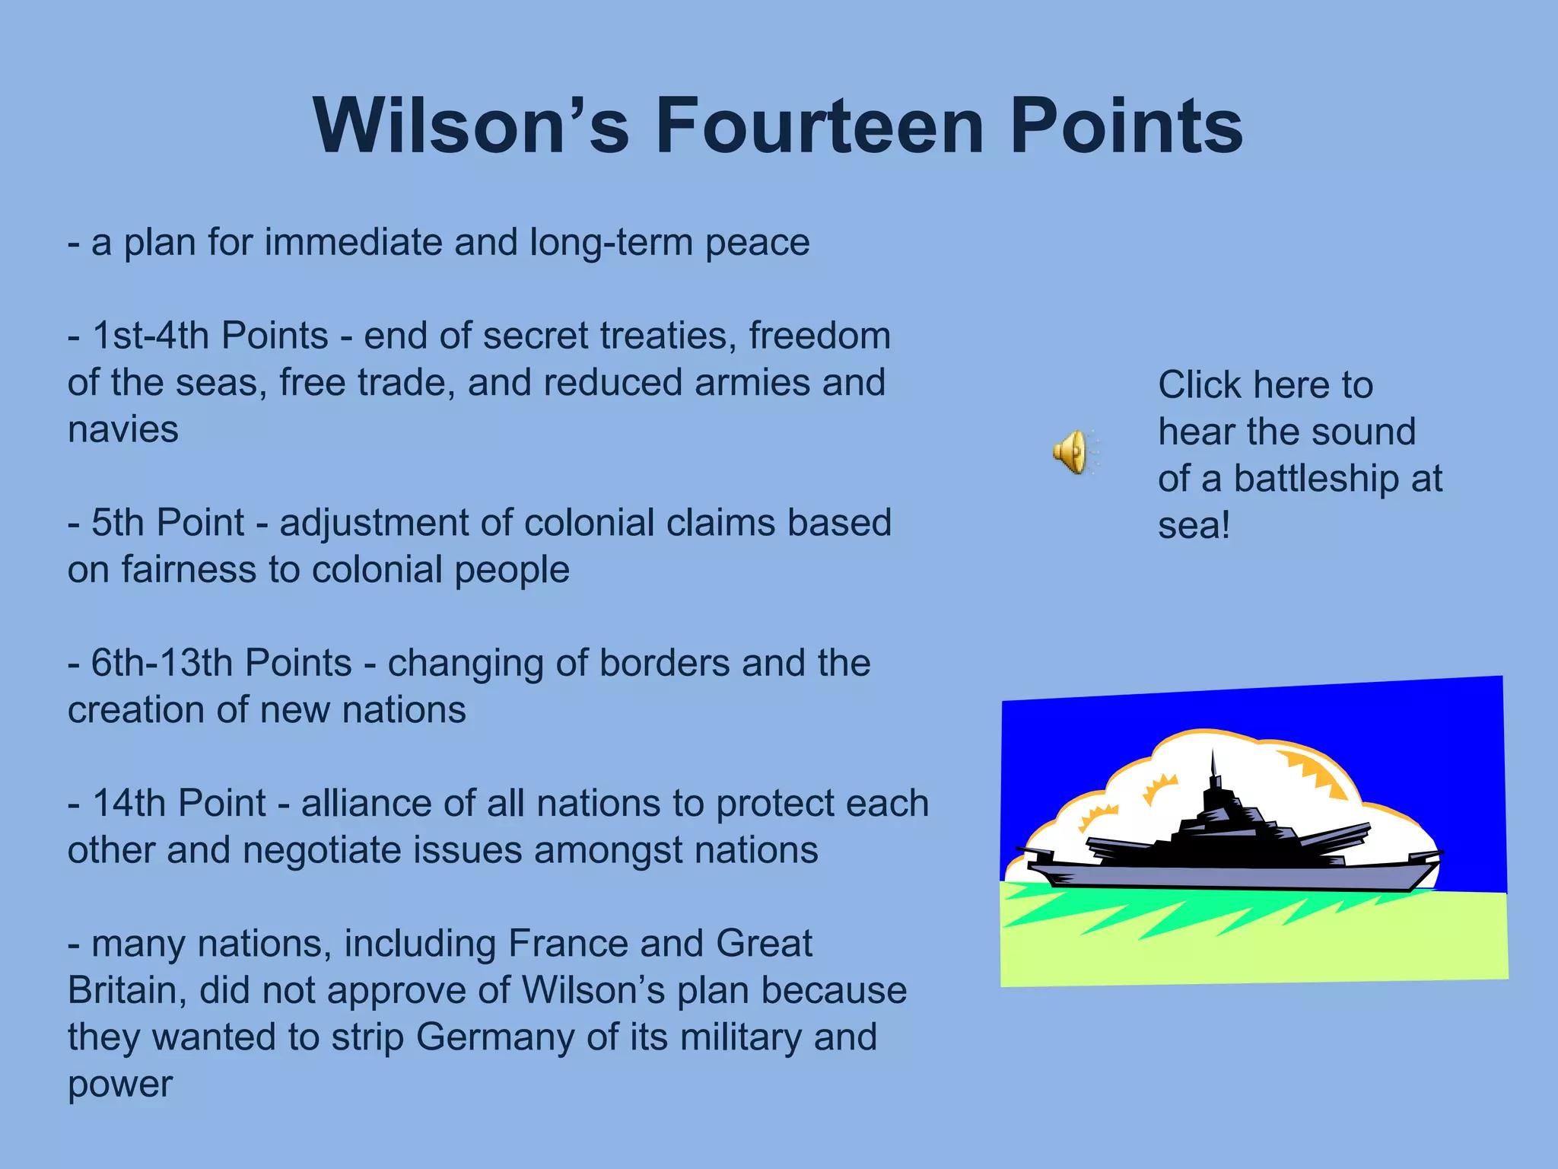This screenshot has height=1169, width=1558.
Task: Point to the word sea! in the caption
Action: [x=1194, y=525]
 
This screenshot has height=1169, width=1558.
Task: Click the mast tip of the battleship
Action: [x=1213, y=754]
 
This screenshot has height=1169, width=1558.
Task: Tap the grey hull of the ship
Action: [x=1232, y=876]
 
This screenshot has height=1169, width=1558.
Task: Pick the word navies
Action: [x=123, y=430]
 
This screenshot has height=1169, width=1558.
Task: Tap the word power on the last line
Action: [x=120, y=1085]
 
